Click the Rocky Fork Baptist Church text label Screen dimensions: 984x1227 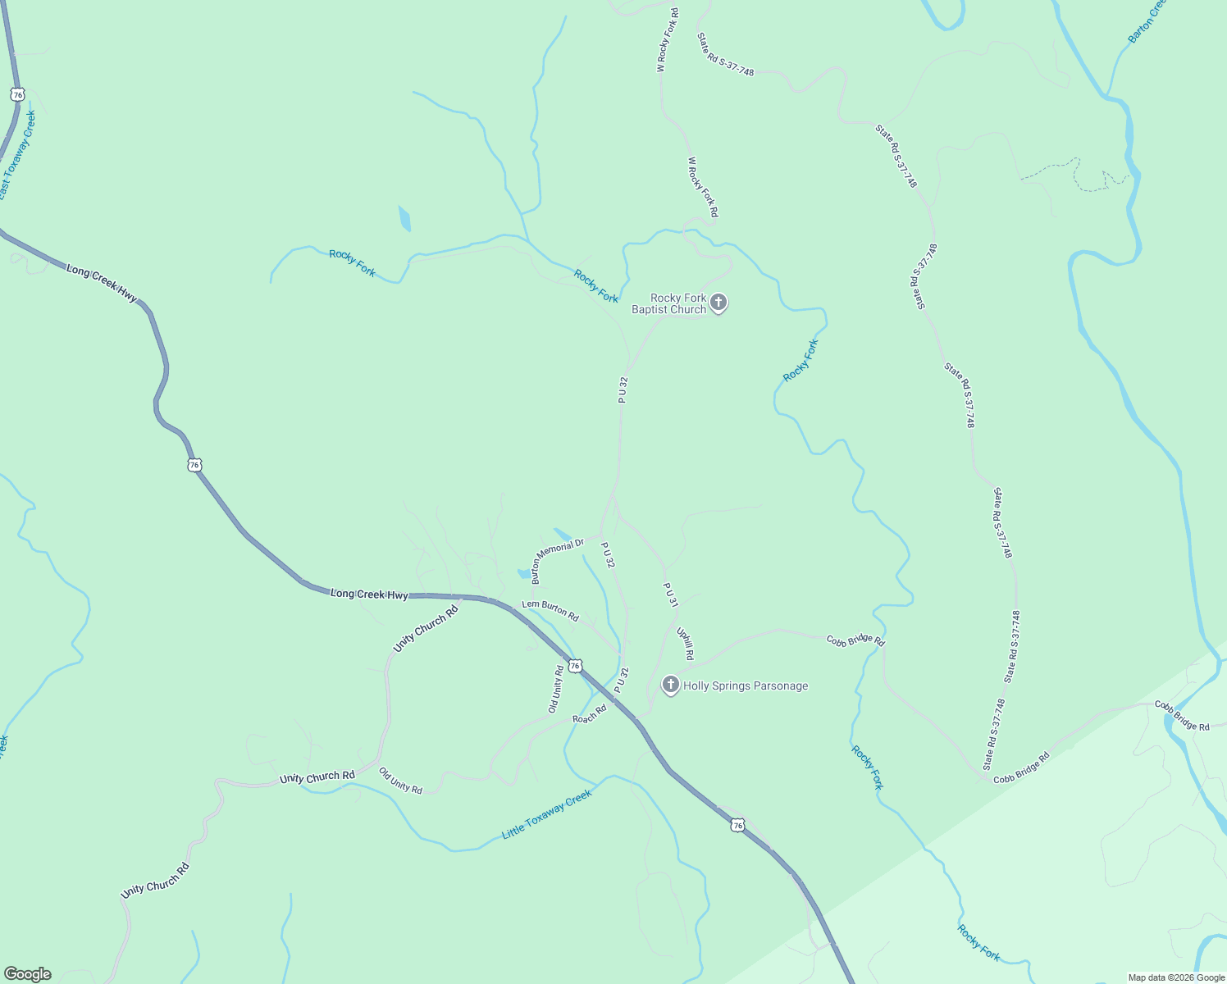pyautogui.click(x=668, y=303)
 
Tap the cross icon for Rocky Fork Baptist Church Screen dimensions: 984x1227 pyautogui.click(x=718, y=303)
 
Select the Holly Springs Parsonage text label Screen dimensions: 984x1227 pyautogui.click(x=746, y=686)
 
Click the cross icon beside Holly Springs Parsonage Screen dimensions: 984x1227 pyautogui.click(x=671, y=686)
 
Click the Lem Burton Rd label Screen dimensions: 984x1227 pyautogui.click(x=550, y=611)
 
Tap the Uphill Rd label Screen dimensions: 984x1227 pyautogui.click(x=686, y=645)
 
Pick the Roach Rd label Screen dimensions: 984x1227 pyautogui.click(x=589, y=713)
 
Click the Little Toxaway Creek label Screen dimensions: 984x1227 pyautogui.click(x=546, y=814)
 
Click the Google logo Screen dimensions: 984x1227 pyautogui.click(x=27, y=974)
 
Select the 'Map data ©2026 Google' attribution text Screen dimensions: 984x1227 pyautogui.click(x=1176, y=977)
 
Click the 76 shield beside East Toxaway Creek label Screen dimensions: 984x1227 pyautogui.click(x=18, y=94)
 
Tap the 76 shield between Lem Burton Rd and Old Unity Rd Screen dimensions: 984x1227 pyautogui.click(x=575, y=666)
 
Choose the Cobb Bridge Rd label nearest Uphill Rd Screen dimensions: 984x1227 pyautogui.click(x=855, y=640)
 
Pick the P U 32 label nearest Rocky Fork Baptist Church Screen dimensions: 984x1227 pyautogui.click(x=623, y=389)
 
